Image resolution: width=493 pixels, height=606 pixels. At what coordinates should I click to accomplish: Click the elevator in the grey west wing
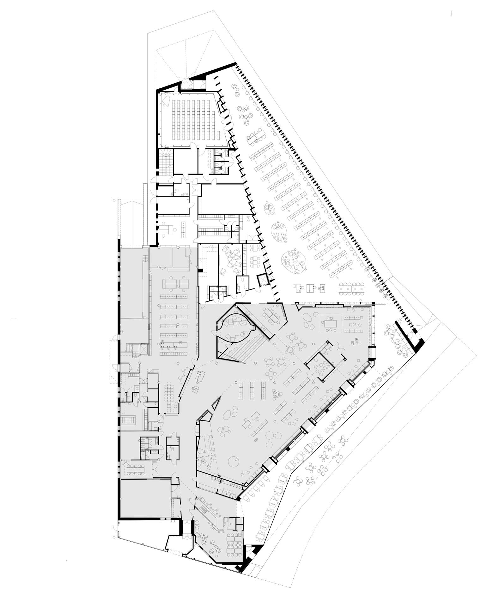click(x=143, y=348)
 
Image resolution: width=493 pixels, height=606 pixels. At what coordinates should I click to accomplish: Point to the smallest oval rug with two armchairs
click(x=269, y=208)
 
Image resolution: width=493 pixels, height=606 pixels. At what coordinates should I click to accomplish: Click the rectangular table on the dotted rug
click(x=331, y=323)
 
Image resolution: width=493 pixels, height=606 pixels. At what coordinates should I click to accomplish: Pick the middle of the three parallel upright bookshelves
click(x=252, y=390)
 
